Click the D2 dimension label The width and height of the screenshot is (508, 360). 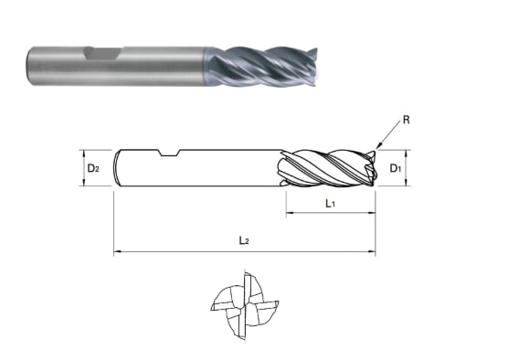(93, 168)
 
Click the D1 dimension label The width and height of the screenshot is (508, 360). (396, 168)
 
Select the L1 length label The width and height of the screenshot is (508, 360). (330, 204)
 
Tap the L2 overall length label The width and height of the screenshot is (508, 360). (244, 240)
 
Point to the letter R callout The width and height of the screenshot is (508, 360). (407, 121)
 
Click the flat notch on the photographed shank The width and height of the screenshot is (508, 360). (103, 54)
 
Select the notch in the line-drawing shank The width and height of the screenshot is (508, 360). (168, 153)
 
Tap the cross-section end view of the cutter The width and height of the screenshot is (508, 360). (245, 305)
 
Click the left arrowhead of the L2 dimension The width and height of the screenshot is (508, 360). (117, 251)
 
